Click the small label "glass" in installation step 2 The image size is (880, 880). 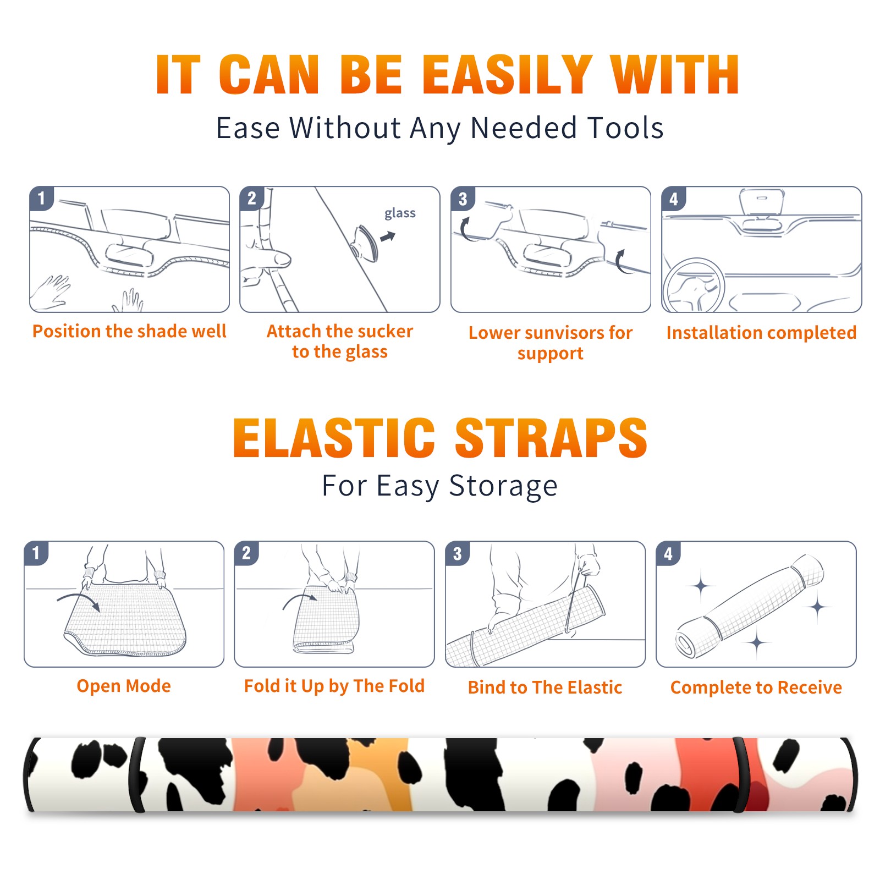click(x=400, y=213)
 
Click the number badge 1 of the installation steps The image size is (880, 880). click(x=41, y=198)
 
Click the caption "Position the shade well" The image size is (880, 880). click(x=129, y=331)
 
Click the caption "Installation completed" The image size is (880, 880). click(x=761, y=333)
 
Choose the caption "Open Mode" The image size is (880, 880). click(x=124, y=686)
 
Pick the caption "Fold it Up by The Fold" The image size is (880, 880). click(x=334, y=686)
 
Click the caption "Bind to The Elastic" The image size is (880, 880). click(x=545, y=687)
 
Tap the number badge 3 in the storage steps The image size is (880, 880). click(x=457, y=553)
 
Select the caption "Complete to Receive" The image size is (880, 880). click(x=756, y=687)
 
